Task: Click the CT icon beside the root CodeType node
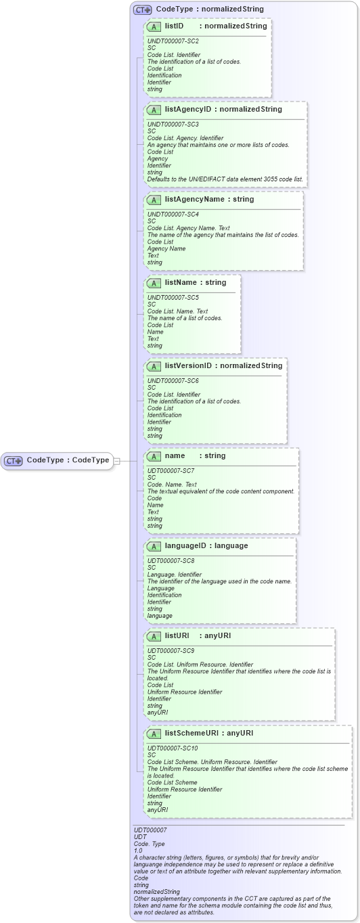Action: (x=14, y=461)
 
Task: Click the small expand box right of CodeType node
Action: (x=116, y=461)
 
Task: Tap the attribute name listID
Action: (x=175, y=26)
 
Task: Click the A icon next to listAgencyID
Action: (x=154, y=110)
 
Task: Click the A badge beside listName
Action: (x=154, y=283)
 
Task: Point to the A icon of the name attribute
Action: (x=154, y=456)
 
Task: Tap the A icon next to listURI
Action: (x=154, y=636)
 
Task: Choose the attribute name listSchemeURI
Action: (x=194, y=733)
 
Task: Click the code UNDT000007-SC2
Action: (x=173, y=41)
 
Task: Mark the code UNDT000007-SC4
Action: (x=173, y=215)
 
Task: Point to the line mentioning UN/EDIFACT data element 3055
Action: (x=225, y=179)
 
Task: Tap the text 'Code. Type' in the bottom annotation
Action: (x=149, y=843)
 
